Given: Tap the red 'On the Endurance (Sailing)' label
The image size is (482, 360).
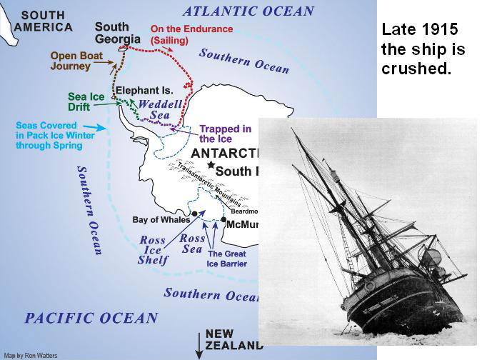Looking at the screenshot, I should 191,34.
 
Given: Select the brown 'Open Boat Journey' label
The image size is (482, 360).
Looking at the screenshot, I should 80,61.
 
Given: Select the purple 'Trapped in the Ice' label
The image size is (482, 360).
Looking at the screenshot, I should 225,134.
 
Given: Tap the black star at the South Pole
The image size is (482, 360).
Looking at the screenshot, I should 210,165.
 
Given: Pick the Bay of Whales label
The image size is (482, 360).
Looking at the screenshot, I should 159,219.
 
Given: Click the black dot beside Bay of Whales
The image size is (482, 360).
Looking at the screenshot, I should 194,214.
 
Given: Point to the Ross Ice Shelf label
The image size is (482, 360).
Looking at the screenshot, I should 153,250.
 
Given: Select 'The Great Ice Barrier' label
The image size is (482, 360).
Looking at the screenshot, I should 226,259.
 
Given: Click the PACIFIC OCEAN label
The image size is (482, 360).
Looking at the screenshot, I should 91,319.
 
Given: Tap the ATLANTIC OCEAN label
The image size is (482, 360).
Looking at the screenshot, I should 248,11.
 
